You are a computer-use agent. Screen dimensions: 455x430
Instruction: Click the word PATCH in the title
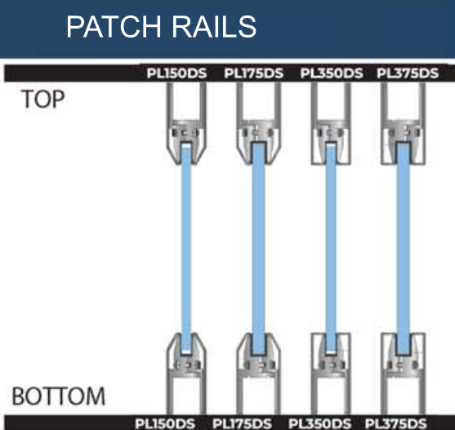coord(114,27)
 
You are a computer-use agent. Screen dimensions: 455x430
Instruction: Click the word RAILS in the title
coord(214,27)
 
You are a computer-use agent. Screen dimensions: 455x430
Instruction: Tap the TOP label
coord(42,99)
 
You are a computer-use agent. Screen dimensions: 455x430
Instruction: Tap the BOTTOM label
coord(58,396)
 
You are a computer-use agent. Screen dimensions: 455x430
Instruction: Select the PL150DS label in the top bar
coord(176,73)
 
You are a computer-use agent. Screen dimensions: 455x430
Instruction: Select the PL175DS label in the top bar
coord(254,73)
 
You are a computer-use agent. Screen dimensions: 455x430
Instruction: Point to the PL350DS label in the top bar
coord(332,73)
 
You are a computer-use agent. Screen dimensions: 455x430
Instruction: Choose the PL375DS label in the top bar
coord(408,73)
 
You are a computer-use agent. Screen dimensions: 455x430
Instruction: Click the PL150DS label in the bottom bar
coord(165,423)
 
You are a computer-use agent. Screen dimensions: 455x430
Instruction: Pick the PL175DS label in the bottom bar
coord(242,423)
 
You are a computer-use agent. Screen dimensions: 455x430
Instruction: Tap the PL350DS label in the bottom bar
coord(319,423)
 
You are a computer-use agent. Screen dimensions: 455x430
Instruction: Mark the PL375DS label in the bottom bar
coord(396,423)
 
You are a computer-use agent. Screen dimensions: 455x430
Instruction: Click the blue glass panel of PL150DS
coord(186,249)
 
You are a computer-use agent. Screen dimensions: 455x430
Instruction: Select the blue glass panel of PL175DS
coord(258,249)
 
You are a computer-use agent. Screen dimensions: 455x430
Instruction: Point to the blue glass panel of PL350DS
coord(331,249)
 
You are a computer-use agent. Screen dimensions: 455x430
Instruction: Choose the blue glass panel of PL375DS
coord(403,249)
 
